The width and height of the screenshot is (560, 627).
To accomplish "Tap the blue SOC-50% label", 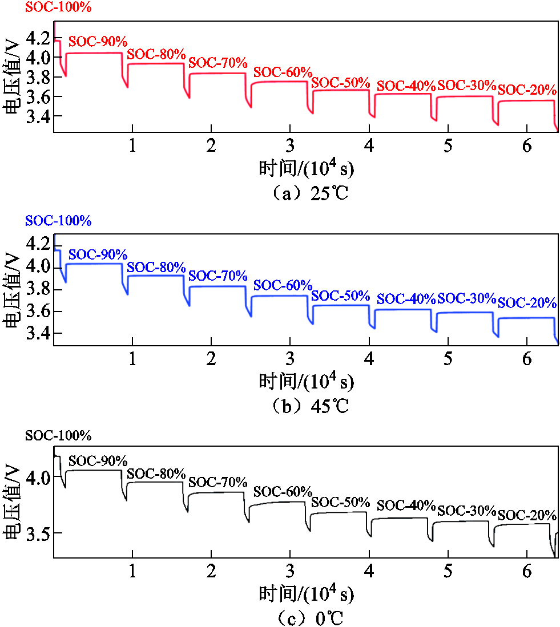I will click(341, 296).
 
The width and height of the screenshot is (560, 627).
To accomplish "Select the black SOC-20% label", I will click(527, 515).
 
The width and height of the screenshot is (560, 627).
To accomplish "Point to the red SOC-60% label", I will click(283, 72).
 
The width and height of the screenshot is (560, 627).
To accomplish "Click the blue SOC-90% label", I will click(98, 254).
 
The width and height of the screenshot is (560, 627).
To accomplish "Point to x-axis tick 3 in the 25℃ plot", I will click(290, 145).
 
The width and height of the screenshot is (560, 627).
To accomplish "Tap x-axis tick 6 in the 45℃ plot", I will click(527, 359).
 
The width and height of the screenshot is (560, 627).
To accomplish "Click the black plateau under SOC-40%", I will click(400, 518).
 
